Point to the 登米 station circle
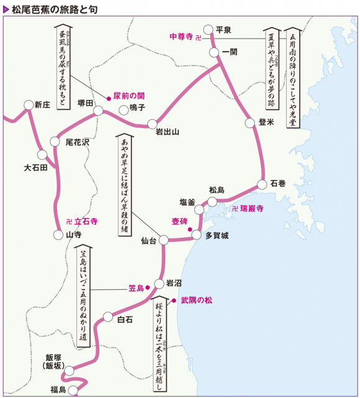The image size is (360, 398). [250, 123]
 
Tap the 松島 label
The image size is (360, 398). [217, 190]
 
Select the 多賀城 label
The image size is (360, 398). [217, 235]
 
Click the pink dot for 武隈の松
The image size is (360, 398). [174, 300]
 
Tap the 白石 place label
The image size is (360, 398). [125, 320]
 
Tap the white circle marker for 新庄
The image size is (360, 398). [28, 104]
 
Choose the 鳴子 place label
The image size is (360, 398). [137, 108]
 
